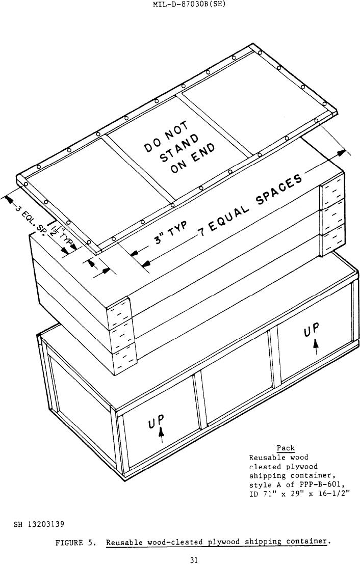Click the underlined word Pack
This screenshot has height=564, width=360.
coord(286,448)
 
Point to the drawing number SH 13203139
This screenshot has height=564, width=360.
coord(39,524)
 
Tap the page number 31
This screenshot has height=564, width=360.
coord(194,560)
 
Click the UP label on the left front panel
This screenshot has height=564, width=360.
coord(157,421)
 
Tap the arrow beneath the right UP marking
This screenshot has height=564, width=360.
coord(316,347)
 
